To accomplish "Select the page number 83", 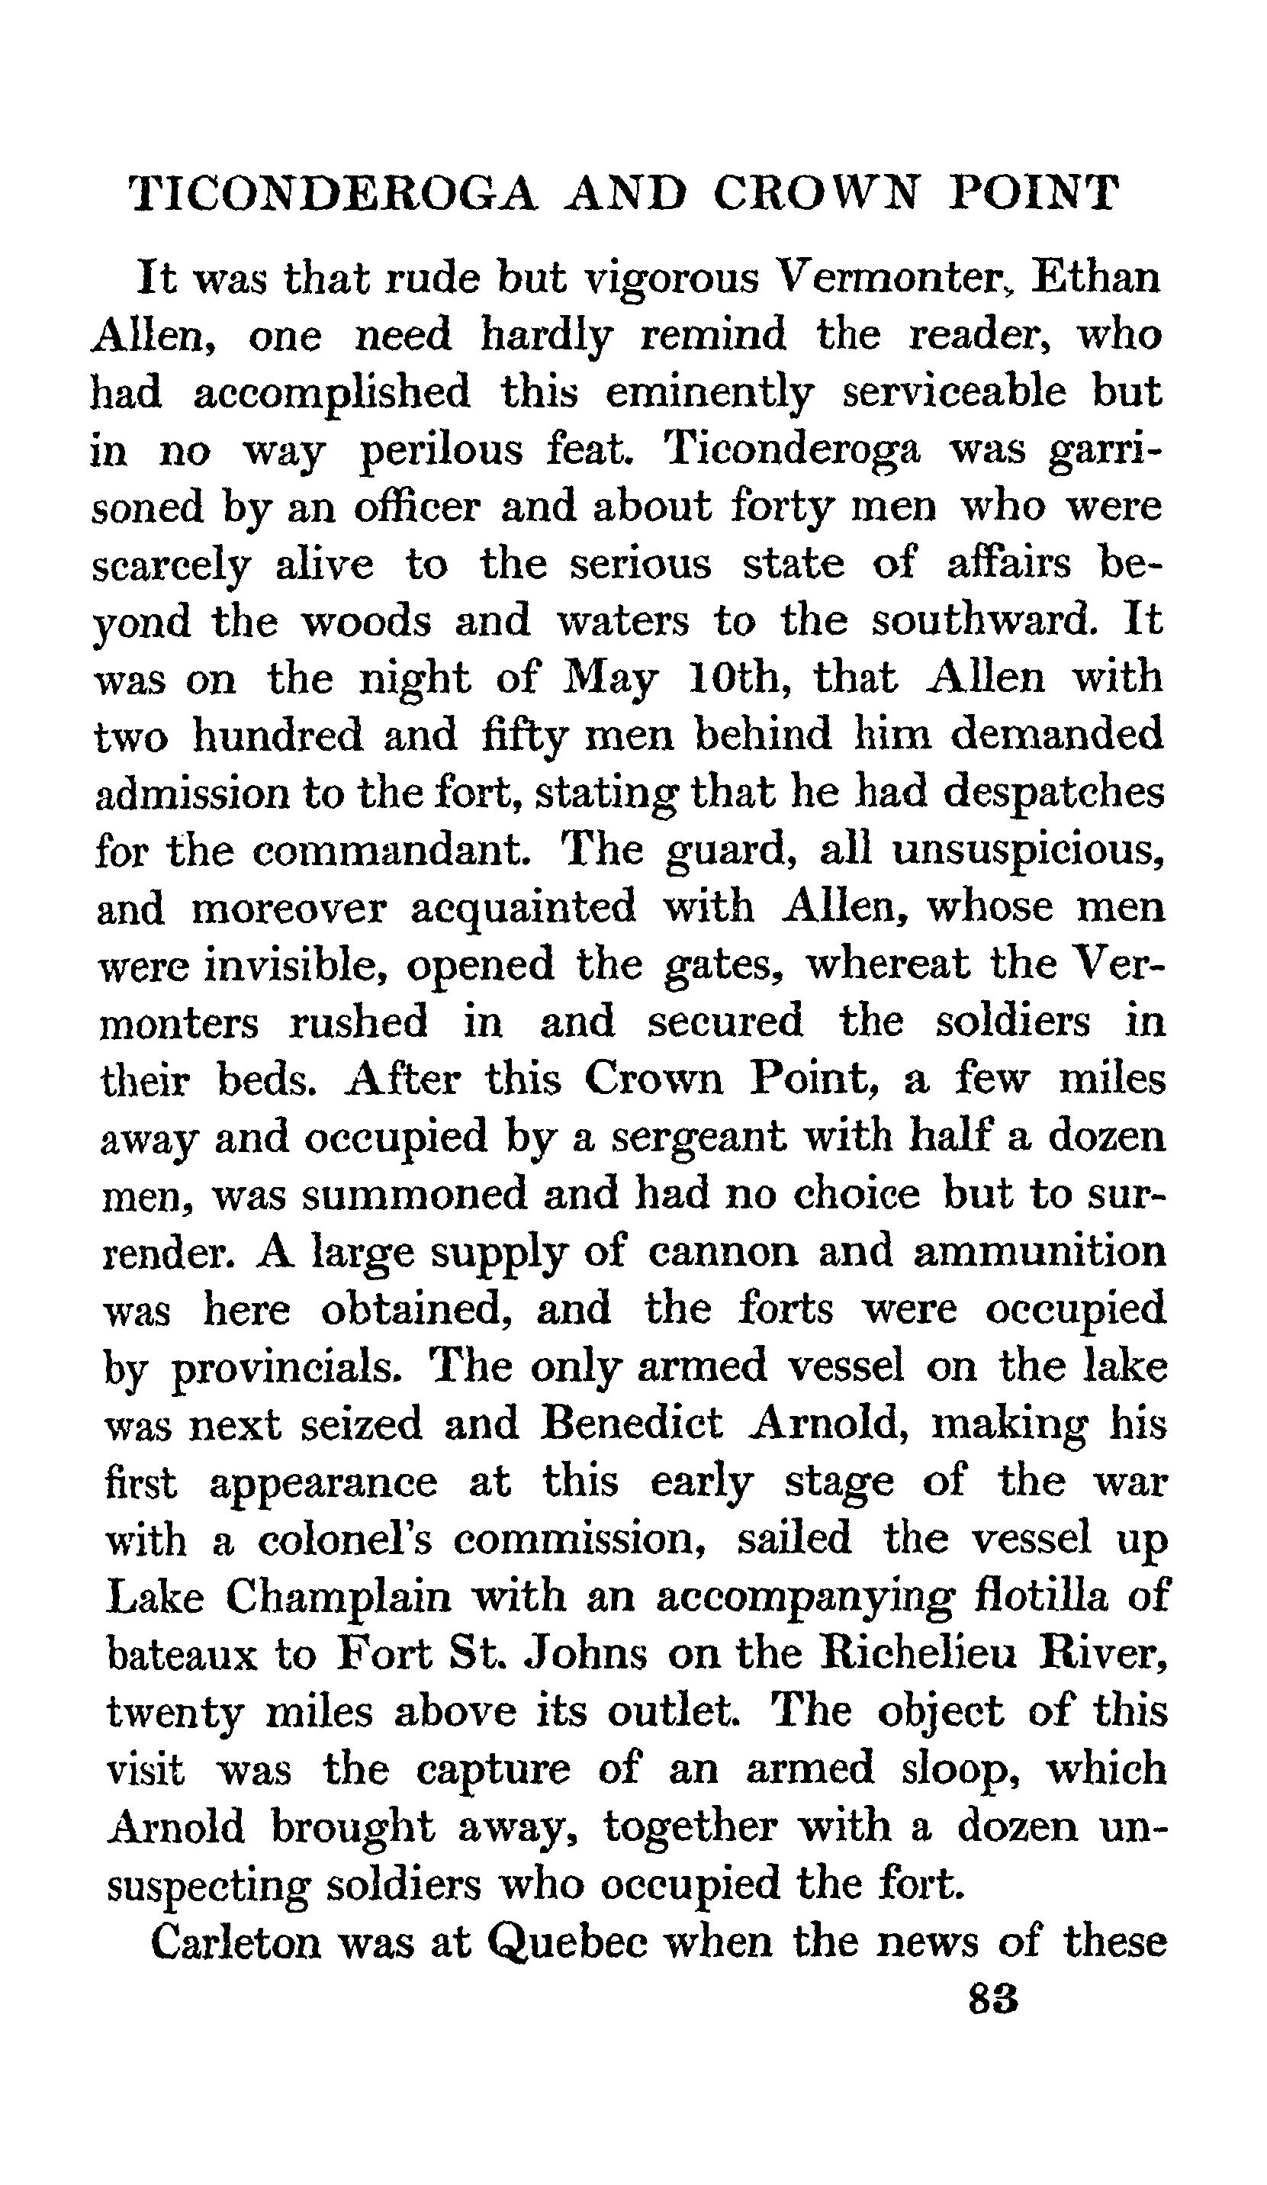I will coord(993,2000).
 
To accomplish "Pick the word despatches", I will coord(1053,792).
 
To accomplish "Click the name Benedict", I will coord(631,1424).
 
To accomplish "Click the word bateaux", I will coord(182,1653).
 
